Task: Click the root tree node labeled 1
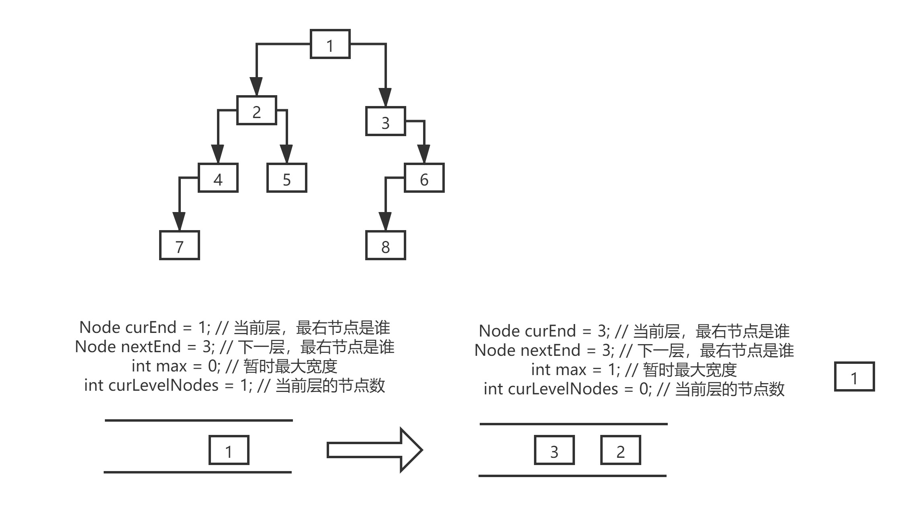pos(330,44)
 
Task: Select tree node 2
pos(257,110)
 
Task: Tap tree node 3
pos(385,121)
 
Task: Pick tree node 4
pos(218,178)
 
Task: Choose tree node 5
pos(286,178)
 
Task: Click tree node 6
pos(424,178)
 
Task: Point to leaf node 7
pos(179,245)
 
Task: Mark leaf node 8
pos(385,245)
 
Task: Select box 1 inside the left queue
pos(229,450)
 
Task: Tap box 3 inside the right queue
pos(554,450)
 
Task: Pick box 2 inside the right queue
pos(620,450)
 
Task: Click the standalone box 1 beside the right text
pos(854,377)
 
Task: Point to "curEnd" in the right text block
pos(551,331)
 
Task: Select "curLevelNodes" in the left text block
pos(163,386)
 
